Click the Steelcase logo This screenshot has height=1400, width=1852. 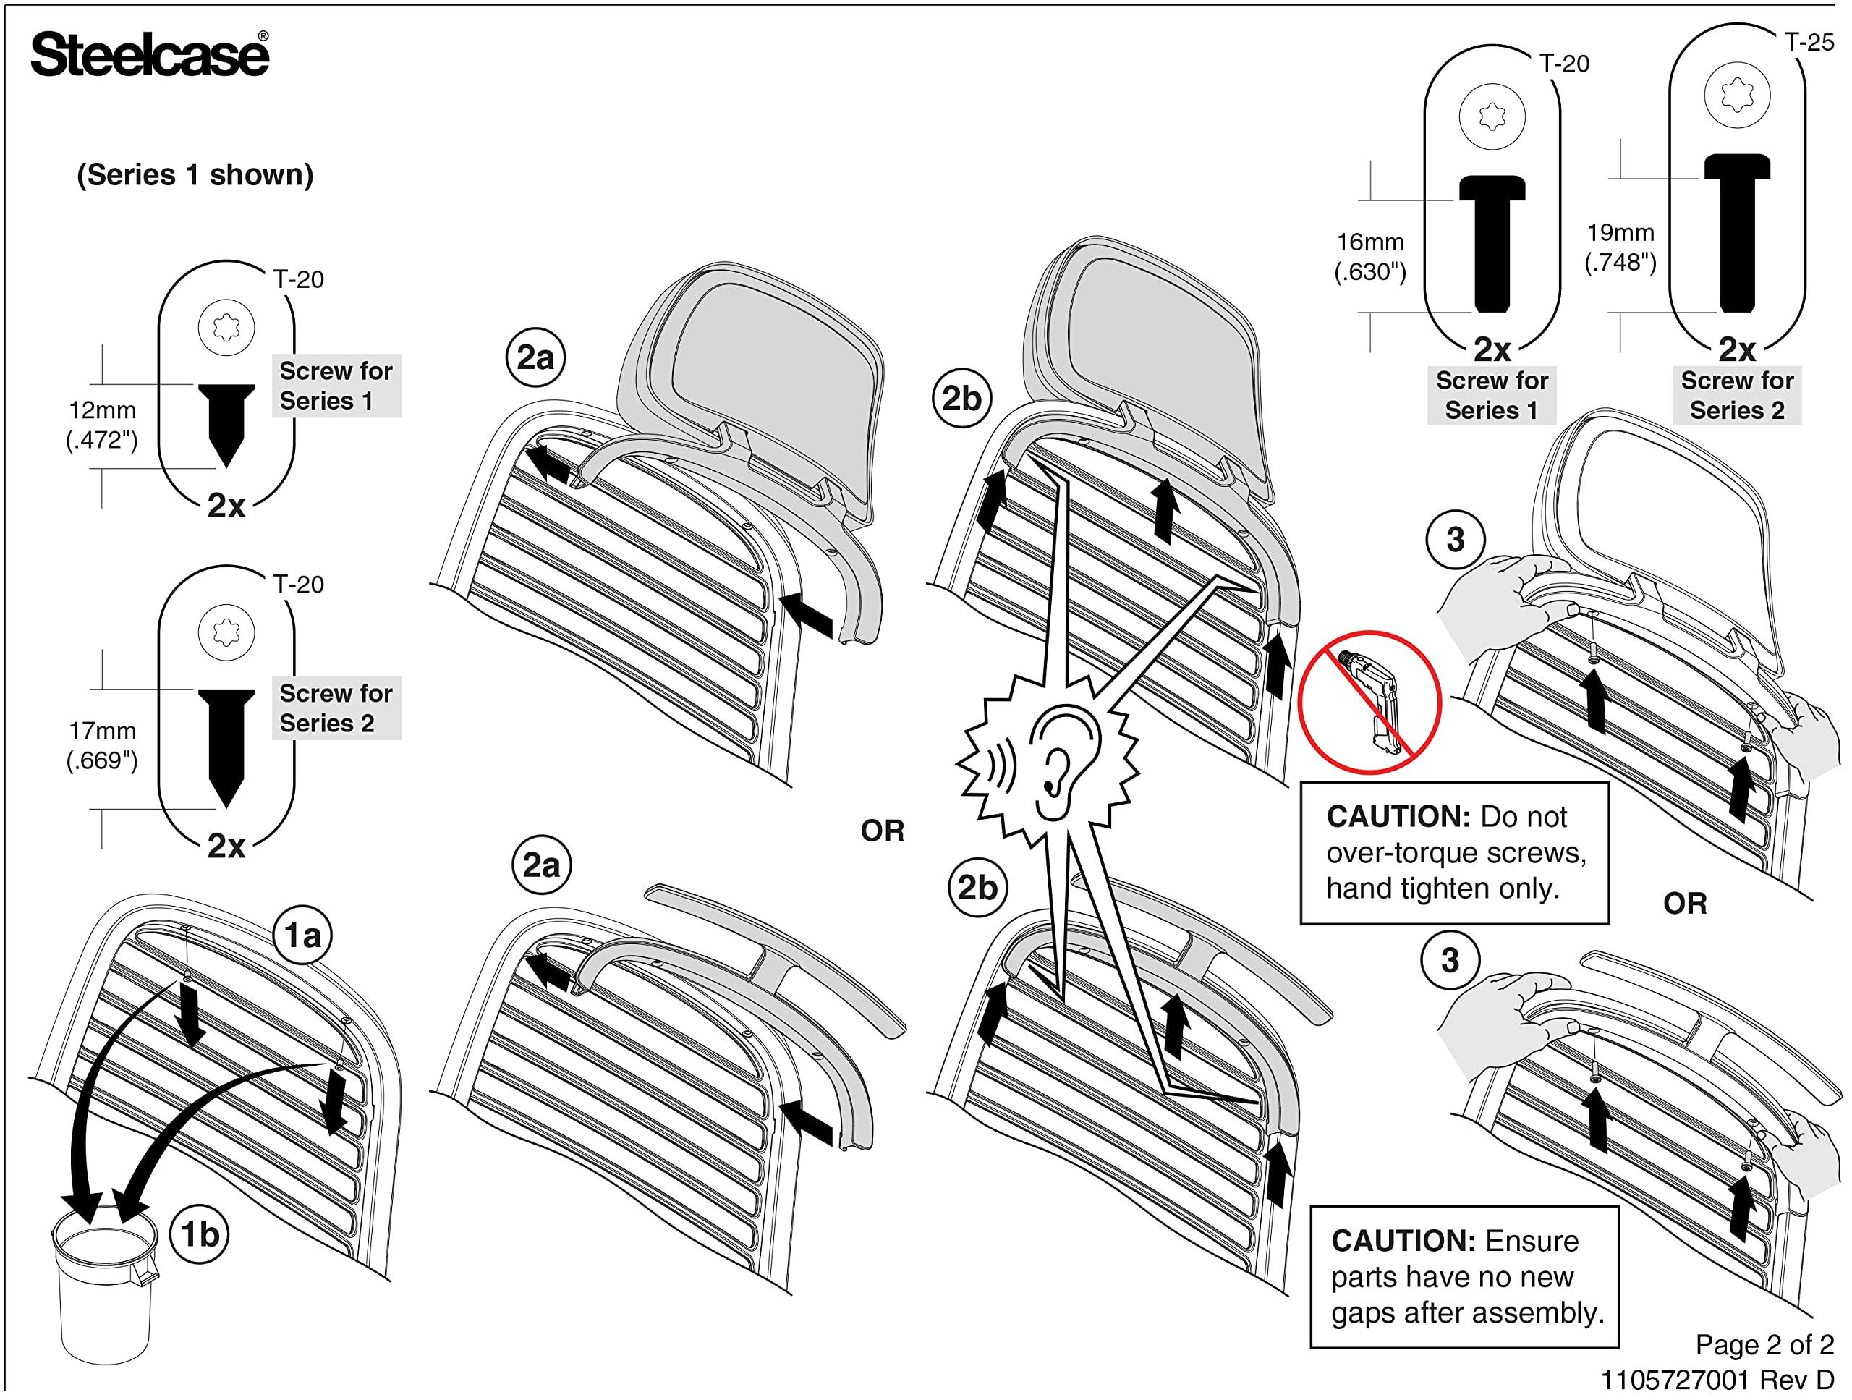point(150,55)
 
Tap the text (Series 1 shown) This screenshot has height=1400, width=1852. point(195,175)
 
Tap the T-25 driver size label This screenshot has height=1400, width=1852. point(1809,43)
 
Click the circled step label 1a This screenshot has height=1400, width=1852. point(303,936)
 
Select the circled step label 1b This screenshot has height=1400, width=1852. point(200,1234)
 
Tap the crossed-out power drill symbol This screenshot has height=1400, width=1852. point(1369,703)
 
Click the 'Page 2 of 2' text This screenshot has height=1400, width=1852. point(1764,1345)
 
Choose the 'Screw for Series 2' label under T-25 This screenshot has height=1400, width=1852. point(1736,395)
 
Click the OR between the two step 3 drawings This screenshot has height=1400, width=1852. point(1685,904)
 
